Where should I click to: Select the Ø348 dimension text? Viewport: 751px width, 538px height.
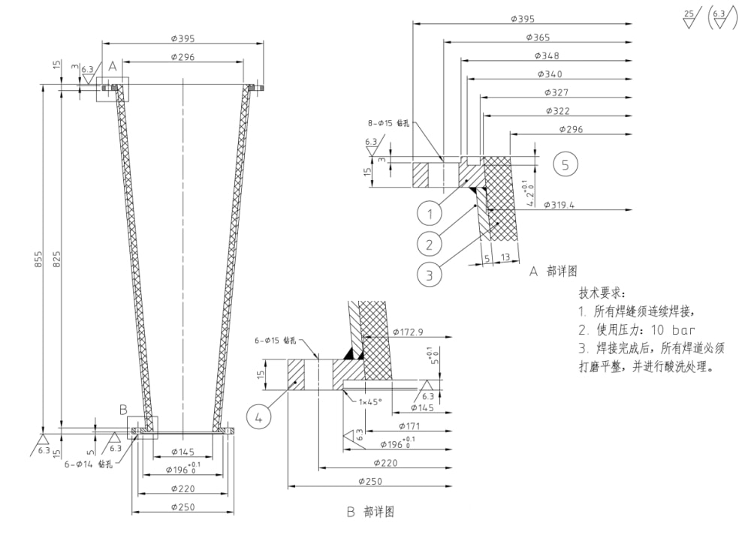tap(547, 56)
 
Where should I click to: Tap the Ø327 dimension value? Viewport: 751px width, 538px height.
tap(556, 92)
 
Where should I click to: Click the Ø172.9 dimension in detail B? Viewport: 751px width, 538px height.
tap(409, 331)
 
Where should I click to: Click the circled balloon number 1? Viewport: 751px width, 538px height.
tap(430, 215)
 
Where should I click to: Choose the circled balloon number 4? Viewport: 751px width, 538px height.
tap(260, 416)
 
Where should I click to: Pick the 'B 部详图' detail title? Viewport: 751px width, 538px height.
tap(369, 512)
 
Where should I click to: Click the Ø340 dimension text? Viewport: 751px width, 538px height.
tap(550, 74)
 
